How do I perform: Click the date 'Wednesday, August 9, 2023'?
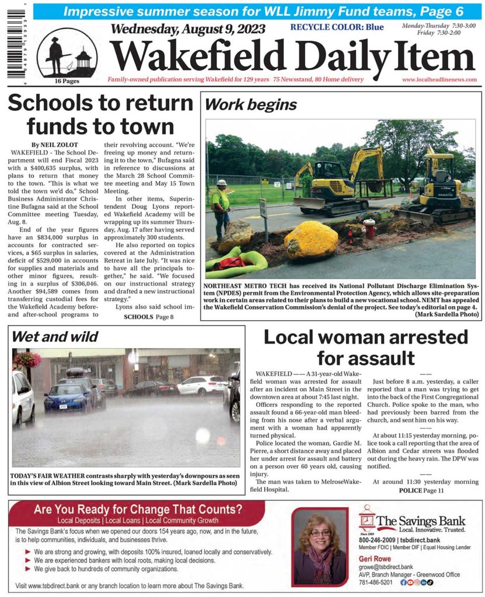coord(187,29)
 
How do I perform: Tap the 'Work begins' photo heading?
coord(251,105)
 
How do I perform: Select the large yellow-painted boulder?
coord(310,239)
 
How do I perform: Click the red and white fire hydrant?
coord(369,228)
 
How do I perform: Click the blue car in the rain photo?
coord(67,396)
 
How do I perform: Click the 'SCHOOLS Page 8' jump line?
coord(149,317)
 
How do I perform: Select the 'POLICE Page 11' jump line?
coord(421,491)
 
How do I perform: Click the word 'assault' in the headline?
coord(365,356)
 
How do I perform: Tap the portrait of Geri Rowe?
coord(320,547)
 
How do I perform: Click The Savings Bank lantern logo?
coord(367,519)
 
